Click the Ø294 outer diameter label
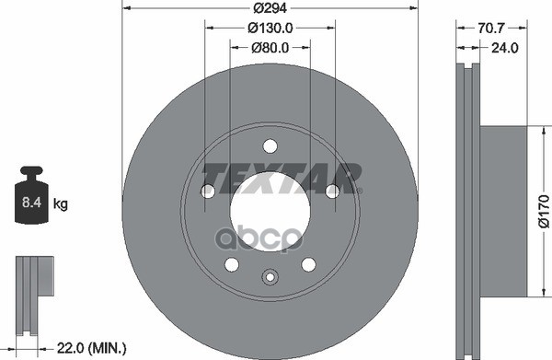click(x=269, y=7)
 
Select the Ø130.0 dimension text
click(x=269, y=28)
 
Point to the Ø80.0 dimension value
click(x=270, y=48)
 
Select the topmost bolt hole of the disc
click(x=270, y=145)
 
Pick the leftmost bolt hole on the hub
click(x=208, y=191)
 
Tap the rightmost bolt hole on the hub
click(x=331, y=191)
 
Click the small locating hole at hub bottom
click(x=270, y=278)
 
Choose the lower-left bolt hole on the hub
click(x=231, y=265)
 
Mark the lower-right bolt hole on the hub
click(x=309, y=265)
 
